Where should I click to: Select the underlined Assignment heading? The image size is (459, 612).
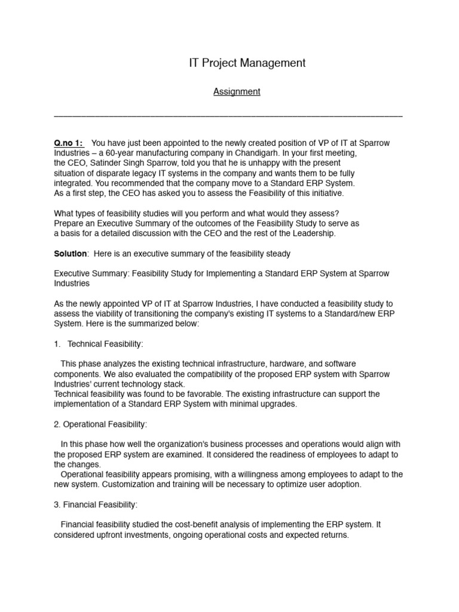(x=237, y=91)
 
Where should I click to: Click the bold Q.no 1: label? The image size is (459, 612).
(x=69, y=143)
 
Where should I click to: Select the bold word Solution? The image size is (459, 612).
(x=71, y=253)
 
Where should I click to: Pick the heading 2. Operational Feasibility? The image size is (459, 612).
(x=100, y=424)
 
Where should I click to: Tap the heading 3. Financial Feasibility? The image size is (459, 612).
(x=96, y=505)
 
